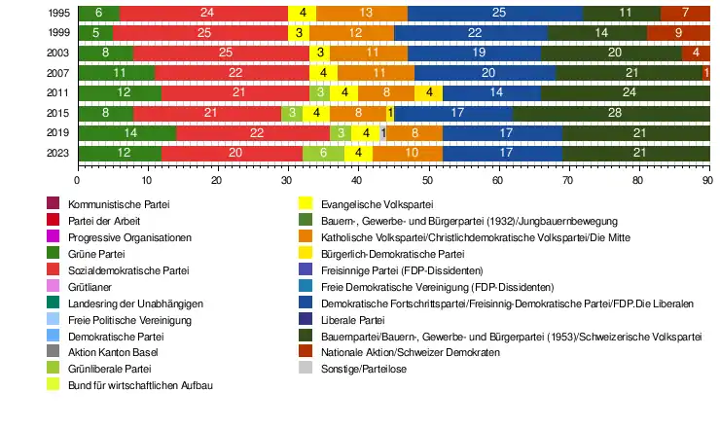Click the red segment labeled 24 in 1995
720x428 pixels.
point(204,13)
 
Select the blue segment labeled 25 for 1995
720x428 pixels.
point(498,13)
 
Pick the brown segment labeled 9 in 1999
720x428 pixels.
point(678,33)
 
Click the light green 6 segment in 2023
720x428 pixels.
point(323,154)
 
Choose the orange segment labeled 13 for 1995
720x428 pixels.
point(365,13)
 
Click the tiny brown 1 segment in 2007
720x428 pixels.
point(706,73)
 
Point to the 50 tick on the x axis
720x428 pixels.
point(427,179)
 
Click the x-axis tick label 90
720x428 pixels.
point(707,179)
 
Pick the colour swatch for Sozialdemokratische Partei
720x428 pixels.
point(54,269)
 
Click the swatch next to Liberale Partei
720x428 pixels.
point(305,319)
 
